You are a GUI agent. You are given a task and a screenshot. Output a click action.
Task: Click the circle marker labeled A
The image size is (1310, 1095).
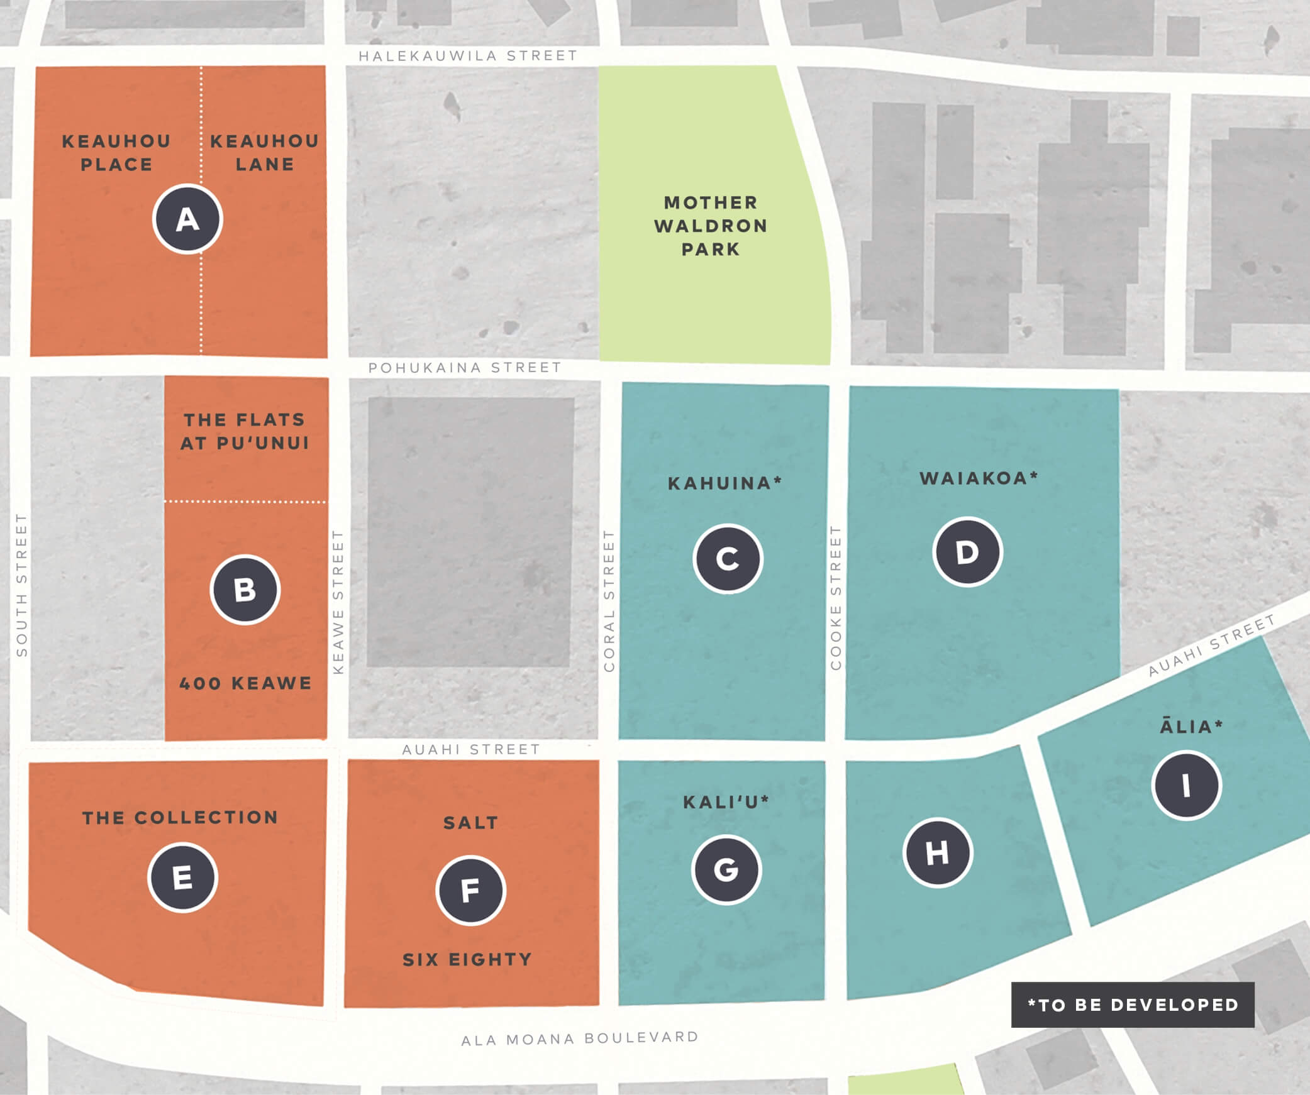pyautogui.click(x=187, y=219)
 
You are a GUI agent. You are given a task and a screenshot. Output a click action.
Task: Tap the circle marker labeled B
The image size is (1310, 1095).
pyautogui.click(x=245, y=590)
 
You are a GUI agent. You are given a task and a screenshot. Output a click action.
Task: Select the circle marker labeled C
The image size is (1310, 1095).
pyautogui.click(x=728, y=559)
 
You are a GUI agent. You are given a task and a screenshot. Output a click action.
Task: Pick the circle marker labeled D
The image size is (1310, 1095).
pyautogui.click(x=967, y=552)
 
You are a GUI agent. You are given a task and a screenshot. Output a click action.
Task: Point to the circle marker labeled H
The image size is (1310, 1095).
pyautogui.click(x=938, y=853)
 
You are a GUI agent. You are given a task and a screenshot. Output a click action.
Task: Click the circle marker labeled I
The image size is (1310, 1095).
pyautogui.click(x=1186, y=785)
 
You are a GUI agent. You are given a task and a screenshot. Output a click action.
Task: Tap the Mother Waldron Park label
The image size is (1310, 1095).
pyautogui.click(x=711, y=226)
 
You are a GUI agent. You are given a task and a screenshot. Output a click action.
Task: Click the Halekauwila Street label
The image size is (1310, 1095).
pyautogui.click(x=468, y=56)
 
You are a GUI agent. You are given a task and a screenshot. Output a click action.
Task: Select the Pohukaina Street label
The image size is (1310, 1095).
pyautogui.click(x=465, y=368)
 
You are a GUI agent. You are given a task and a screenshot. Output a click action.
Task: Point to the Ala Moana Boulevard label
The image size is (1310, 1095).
pyautogui.click(x=580, y=1038)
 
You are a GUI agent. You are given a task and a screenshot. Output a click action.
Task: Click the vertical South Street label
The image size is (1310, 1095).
pyautogui.click(x=22, y=585)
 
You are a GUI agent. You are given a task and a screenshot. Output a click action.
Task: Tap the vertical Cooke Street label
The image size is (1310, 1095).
pyautogui.click(x=836, y=598)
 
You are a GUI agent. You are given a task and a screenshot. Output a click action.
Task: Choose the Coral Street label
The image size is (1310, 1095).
pyautogui.click(x=609, y=600)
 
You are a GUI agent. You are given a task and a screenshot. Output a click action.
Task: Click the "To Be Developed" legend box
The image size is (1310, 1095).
pyautogui.click(x=1132, y=1004)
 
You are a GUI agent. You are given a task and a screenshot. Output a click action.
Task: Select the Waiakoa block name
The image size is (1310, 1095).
pyautogui.click(x=979, y=478)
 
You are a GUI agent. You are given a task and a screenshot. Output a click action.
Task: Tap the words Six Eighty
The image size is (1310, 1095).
pyautogui.click(x=467, y=960)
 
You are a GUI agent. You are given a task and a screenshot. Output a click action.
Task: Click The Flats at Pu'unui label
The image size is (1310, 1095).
pyautogui.click(x=245, y=431)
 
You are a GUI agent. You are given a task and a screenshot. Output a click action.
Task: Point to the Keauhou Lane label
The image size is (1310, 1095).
pyautogui.click(x=264, y=153)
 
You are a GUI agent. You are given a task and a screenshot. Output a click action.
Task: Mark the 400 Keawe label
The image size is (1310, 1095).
pyautogui.click(x=245, y=683)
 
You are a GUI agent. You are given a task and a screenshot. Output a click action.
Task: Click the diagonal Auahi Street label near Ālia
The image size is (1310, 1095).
pyautogui.click(x=1211, y=646)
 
